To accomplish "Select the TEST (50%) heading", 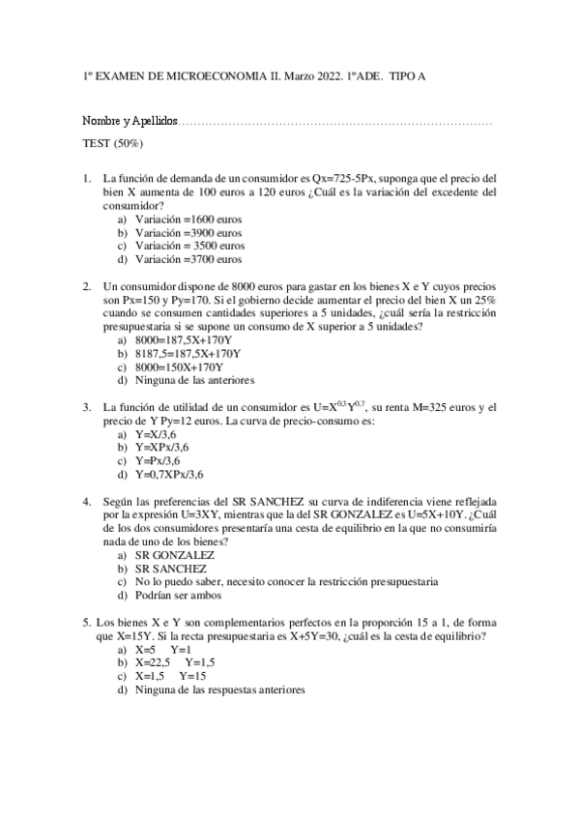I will tap(113, 143).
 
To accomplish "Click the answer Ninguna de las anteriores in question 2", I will tap(195, 380).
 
